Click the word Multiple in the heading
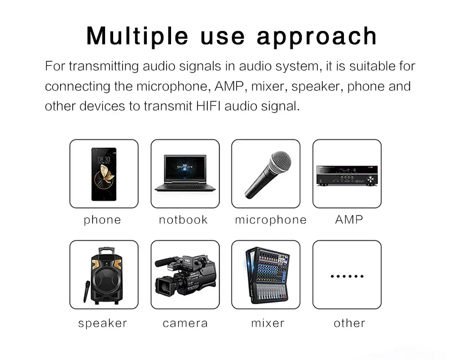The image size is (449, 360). click(x=137, y=36)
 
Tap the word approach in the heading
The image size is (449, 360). click(x=317, y=37)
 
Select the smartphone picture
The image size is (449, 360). click(x=104, y=174)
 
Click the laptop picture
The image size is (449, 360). click(x=185, y=173)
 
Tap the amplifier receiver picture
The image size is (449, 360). click(x=347, y=176)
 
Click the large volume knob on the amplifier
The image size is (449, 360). click(x=370, y=179)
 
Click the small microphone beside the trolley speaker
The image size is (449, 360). click(x=86, y=291)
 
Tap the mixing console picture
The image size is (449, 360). click(x=267, y=275)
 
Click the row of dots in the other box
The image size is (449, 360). click(x=347, y=276)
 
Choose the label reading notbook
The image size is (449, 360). click(x=183, y=220)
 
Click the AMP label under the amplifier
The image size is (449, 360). click(x=349, y=220)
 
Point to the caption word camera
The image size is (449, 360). click(x=185, y=323)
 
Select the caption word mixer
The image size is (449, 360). click(x=268, y=323)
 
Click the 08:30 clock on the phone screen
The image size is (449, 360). click(x=104, y=160)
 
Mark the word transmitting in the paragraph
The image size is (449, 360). click(x=104, y=67)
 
